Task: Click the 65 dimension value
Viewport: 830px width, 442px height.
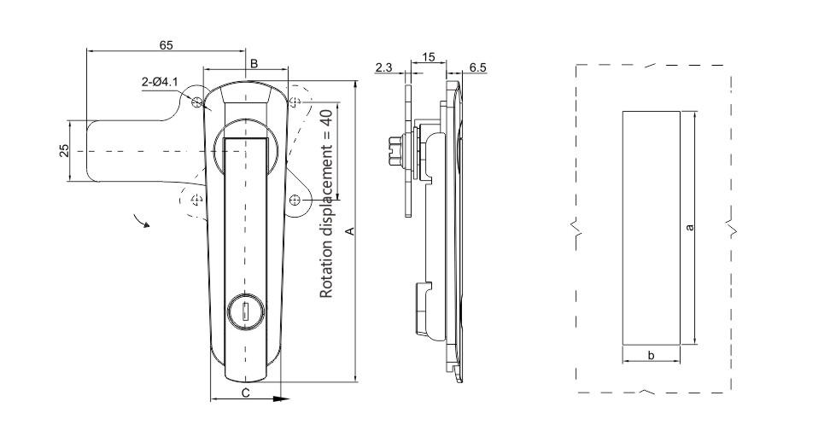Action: (167, 44)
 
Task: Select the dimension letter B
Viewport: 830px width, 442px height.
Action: (253, 63)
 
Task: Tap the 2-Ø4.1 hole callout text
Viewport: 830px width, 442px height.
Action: (160, 82)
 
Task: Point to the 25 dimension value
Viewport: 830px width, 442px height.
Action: (64, 150)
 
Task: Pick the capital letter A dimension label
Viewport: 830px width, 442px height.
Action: (348, 231)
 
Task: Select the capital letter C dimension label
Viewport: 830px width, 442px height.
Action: (245, 393)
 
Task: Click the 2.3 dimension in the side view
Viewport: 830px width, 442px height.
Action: (383, 67)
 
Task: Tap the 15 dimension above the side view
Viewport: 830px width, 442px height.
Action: (429, 57)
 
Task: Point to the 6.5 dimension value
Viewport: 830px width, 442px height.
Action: (478, 67)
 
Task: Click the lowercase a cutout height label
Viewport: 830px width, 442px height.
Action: (689, 226)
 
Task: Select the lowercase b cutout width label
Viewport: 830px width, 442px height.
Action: (651, 355)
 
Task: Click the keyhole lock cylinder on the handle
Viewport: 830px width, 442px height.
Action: (243, 312)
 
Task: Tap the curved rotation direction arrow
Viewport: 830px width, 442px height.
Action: (141, 221)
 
